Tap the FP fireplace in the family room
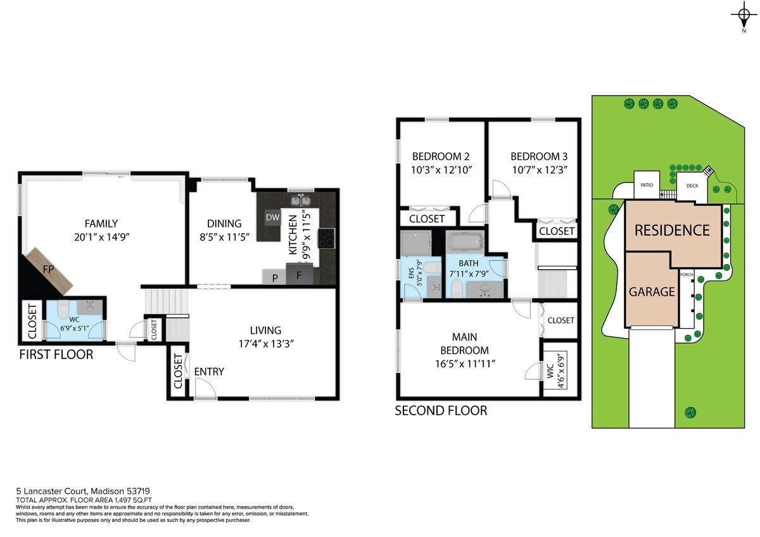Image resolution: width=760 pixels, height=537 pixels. (48, 270)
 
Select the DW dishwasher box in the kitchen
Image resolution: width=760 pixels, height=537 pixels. (272, 218)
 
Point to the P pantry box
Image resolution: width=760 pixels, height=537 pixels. (275, 277)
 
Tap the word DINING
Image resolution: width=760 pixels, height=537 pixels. (224, 224)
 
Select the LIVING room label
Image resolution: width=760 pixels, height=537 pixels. (265, 330)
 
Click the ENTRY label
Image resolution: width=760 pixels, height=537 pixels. (209, 372)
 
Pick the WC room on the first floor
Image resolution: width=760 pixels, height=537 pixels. (75, 320)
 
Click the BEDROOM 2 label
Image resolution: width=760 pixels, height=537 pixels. (441, 156)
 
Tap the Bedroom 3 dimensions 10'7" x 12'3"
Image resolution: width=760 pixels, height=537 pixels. (539, 170)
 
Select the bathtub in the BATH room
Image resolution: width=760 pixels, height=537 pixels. (464, 243)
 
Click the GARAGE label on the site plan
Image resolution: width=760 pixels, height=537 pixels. (651, 292)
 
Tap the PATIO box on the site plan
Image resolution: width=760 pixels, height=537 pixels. (647, 186)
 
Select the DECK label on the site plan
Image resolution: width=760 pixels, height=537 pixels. (692, 186)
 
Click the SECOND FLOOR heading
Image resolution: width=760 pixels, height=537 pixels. (441, 411)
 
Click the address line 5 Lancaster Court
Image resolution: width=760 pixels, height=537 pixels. (82, 491)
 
